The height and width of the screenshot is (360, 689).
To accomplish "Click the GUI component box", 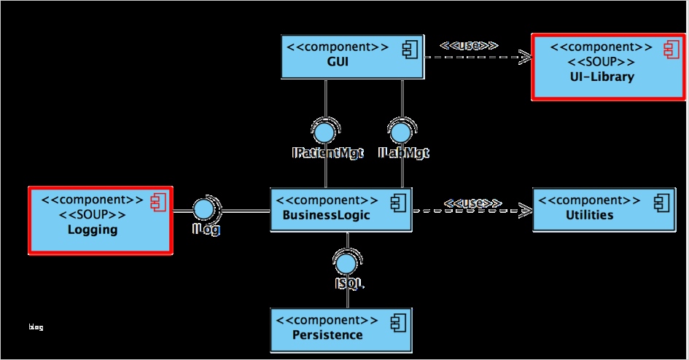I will click(353, 56).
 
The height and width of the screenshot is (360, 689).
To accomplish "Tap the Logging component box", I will click(100, 220).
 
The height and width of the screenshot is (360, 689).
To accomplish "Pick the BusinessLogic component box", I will click(340, 209).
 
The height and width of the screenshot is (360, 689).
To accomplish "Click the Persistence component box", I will click(340, 328).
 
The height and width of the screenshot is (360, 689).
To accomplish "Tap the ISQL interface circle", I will click(347, 261).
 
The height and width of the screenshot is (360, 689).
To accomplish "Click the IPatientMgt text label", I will click(327, 153).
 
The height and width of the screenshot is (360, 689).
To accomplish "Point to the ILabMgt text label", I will click(404, 153).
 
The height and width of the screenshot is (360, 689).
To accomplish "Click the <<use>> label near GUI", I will click(469, 45).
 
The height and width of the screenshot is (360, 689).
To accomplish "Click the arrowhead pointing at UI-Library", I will click(524, 56).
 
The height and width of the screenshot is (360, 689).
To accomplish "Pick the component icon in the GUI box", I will click(408, 50).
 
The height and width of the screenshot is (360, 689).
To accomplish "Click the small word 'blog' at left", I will click(36, 327).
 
